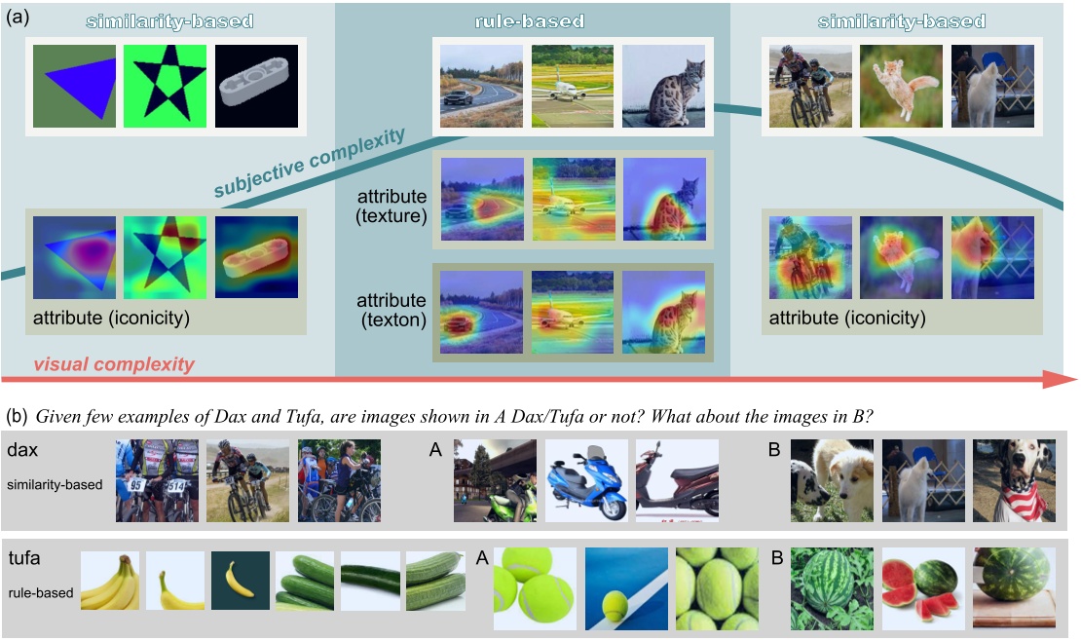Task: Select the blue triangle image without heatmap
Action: (x=74, y=88)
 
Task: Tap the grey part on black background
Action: (x=255, y=88)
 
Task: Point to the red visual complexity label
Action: (x=114, y=365)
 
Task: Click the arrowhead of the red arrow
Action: (x=1060, y=379)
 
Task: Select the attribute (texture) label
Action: (x=391, y=205)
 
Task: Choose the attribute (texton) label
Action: (x=391, y=309)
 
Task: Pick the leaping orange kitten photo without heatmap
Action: (x=901, y=86)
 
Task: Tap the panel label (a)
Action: (x=19, y=18)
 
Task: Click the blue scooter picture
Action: (x=585, y=479)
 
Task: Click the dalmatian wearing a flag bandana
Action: (x=1013, y=479)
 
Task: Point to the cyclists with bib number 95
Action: (x=156, y=479)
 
